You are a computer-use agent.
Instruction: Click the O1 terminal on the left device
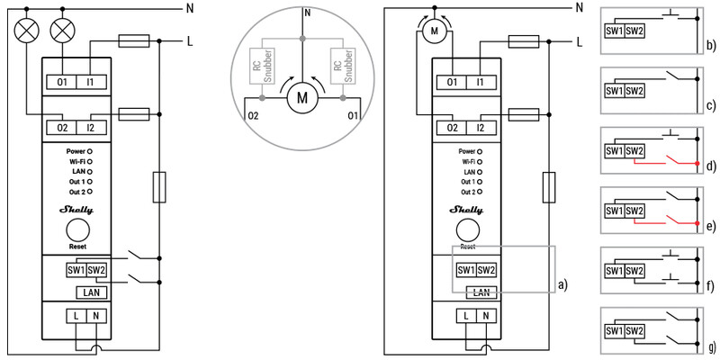tap(62, 82)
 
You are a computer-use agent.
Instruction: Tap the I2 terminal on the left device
tap(91, 127)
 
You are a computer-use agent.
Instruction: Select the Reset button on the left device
tap(77, 230)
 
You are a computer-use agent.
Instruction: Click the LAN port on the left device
tap(92, 292)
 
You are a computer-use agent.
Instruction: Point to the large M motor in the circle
tap(302, 98)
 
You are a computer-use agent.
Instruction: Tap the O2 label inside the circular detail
tap(254, 115)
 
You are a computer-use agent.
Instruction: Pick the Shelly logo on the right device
tap(466, 211)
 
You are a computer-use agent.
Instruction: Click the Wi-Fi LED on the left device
tap(90, 161)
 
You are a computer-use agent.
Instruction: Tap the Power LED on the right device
tap(480, 151)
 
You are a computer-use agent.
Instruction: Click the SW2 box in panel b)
tap(634, 31)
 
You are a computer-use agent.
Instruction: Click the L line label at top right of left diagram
tap(190, 41)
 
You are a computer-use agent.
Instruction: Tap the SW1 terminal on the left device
tap(76, 271)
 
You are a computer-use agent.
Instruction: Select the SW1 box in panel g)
tap(615, 330)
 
